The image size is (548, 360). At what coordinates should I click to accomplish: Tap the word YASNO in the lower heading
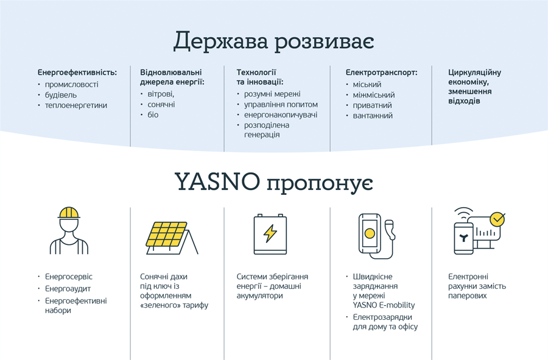217,182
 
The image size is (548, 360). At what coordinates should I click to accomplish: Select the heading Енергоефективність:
77,72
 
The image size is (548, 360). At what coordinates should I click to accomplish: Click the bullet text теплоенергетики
76,105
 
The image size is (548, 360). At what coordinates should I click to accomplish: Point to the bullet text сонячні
161,105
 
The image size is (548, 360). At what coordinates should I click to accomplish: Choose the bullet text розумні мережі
272,94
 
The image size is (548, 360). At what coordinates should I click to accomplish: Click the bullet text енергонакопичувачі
281,115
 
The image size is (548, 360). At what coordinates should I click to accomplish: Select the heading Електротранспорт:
382,72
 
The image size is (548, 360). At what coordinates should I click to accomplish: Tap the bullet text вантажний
373,116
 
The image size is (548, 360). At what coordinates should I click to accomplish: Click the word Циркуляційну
474,72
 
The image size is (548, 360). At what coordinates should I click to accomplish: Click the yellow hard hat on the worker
69,213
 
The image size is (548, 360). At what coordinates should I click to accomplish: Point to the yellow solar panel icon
167,234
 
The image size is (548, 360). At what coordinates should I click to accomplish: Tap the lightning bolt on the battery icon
270,233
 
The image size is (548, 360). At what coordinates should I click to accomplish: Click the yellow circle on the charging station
370,233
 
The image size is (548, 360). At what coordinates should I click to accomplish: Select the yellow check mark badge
497,219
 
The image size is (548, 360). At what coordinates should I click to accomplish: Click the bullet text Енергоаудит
68,289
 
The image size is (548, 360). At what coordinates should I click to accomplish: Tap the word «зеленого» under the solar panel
156,305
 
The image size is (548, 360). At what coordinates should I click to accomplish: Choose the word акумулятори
259,295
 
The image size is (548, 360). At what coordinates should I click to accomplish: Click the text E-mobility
396,305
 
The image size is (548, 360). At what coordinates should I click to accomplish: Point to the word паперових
467,295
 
